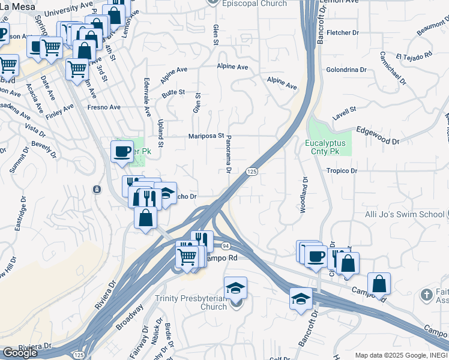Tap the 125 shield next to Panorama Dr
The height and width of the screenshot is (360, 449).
tap(252, 172)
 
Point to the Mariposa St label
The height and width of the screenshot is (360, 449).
tap(206, 136)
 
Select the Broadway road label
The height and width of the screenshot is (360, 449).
tap(130, 316)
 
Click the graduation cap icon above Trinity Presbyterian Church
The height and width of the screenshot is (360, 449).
tap(235, 287)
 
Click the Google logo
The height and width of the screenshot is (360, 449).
tap(20, 353)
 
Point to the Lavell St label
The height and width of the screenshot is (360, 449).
tap(345, 110)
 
